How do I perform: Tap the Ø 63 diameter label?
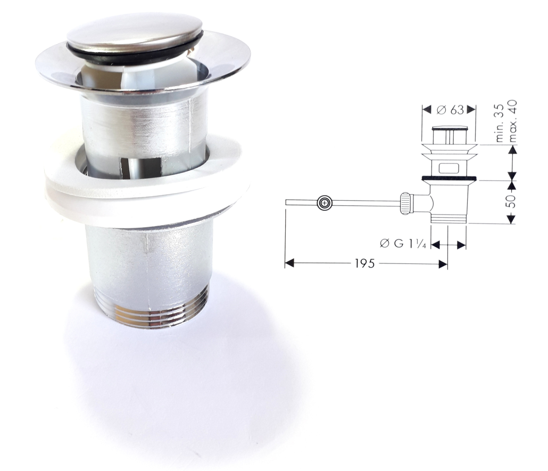[x=450, y=110]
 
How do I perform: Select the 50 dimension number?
[x=509, y=202]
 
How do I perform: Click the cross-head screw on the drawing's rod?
[x=324, y=203]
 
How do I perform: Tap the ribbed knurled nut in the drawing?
[x=406, y=203]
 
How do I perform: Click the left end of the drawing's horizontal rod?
[x=287, y=202]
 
